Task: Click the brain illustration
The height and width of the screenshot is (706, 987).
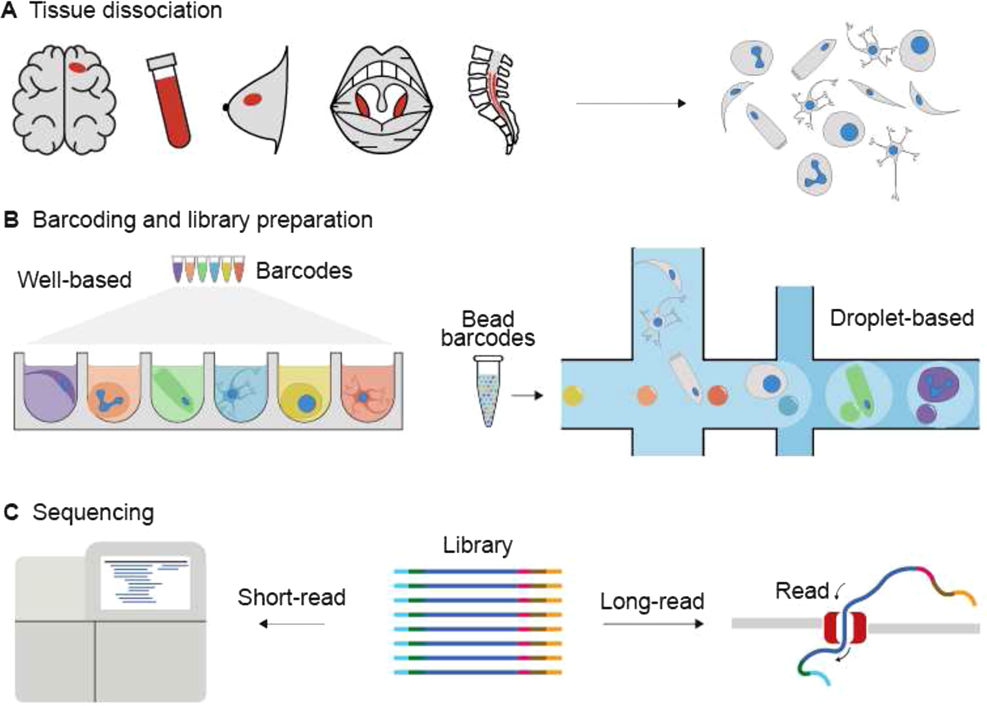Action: (64, 99)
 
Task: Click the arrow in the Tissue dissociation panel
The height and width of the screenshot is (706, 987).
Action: (631, 103)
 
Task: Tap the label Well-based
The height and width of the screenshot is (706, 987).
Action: (75, 280)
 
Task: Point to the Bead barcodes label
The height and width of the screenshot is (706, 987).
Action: (488, 329)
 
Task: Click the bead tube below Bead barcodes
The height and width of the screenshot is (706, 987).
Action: (488, 391)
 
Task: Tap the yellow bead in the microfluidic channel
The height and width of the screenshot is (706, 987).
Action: (573, 396)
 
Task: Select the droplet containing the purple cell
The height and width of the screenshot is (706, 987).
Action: (940, 393)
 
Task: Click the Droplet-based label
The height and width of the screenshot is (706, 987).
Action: (901, 318)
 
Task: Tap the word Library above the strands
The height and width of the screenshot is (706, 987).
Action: (477, 545)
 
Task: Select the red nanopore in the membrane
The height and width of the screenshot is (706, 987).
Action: (845, 628)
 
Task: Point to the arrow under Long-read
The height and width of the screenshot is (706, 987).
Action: (653, 624)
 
